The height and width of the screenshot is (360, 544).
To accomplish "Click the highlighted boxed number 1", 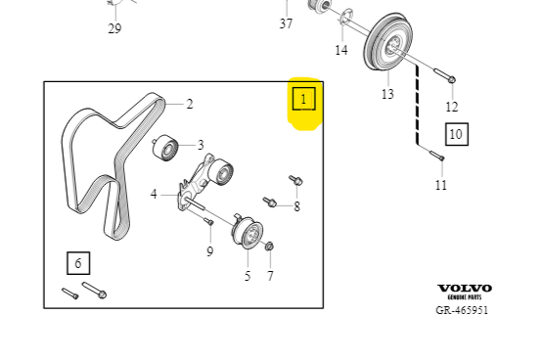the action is click(x=304, y=99).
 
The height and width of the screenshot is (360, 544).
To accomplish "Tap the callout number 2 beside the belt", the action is click(x=190, y=104).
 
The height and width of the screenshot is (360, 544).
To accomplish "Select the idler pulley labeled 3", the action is click(x=165, y=148).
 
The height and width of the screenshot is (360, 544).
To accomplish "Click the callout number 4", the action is click(x=154, y=195).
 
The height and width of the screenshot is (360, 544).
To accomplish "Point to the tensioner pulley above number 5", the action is click(x=248, y=232).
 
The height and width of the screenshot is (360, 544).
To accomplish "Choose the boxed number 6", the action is click(x=78, y=263).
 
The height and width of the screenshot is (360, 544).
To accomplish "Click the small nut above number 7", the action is click(x=269, y=247).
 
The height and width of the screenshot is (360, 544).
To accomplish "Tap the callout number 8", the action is click(x=296, y=206).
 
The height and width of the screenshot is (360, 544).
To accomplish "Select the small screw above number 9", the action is click(x=208, y=221).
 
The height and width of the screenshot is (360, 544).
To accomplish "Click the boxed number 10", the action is click(x=457, y=134).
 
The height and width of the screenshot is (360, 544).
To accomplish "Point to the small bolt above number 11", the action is click(x=437, y=156).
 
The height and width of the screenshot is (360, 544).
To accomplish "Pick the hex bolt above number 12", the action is click(x=445, y=76).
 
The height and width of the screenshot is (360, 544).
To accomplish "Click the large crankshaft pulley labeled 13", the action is click(x=388, y=42).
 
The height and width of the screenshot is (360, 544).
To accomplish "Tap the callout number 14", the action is click(x=341, y=50).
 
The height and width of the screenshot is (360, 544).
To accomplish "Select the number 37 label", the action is click(x=286, y=23).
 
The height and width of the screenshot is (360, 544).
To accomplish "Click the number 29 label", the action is click(x=114, y=28).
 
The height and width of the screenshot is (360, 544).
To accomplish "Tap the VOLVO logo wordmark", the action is click(x=465, y=289).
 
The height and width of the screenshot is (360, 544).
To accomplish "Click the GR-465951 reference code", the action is click(x=462, y=310).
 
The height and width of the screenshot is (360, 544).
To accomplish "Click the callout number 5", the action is click(x=248, y=276).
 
